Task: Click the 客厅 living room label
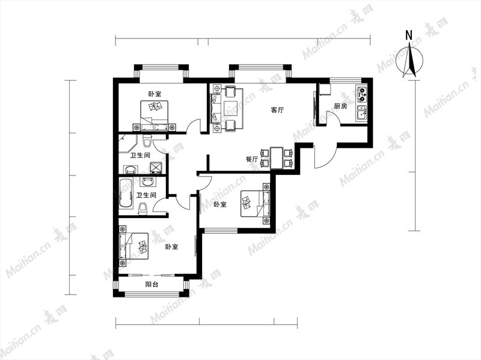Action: coord(277,110)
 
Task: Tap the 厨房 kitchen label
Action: coord(340,106)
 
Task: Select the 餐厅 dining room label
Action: coord(251,159)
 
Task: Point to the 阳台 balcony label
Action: coord(152,284)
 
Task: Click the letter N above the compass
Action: coord(409,35)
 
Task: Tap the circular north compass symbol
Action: coord(409,61)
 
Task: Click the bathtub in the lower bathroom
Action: coord(126,194)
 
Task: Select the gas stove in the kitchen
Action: coord(362,94)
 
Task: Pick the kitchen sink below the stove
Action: coord(362,112)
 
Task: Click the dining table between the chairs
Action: coord(277,158)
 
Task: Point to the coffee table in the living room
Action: coord(231,108)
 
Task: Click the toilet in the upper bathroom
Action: coord(147,141)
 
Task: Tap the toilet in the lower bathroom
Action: coord(143,209)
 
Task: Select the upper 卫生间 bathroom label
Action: coord(140,156)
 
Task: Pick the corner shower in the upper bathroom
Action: coord(127,144)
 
